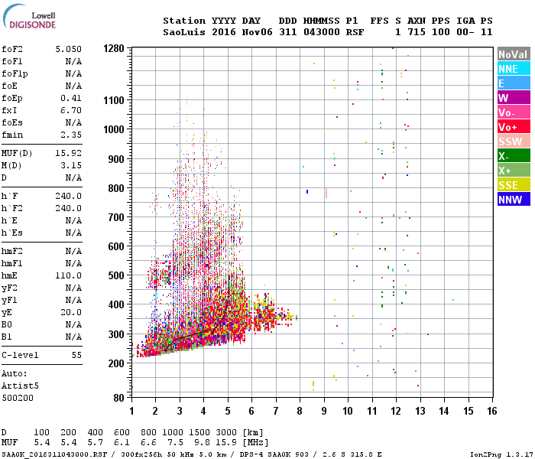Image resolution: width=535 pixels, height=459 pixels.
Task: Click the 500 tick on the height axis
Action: pyautogui.click(x=116, y=275)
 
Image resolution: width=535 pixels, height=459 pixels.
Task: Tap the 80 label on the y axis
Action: pyautogui.click(x=118, y=398)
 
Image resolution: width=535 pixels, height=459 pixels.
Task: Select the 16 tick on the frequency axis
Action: pyautogui.click(x=491, y=411)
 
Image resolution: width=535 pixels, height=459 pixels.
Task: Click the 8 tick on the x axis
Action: pyautogui.click(x=300, y=411)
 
